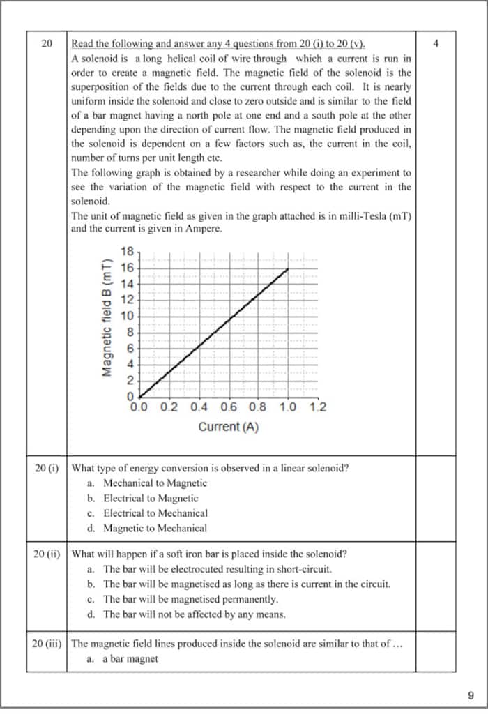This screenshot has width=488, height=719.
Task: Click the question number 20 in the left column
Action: (47, 44)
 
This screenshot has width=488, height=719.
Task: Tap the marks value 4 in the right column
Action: (436, 44)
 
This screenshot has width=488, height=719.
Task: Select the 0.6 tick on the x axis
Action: (228, 408)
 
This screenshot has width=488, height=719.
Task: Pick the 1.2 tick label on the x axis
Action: (318, 408)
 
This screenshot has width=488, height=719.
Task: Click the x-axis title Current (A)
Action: (228, 427)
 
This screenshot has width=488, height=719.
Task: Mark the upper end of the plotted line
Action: (288, 268)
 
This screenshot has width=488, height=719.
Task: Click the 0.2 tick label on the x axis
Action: (169, 408)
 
